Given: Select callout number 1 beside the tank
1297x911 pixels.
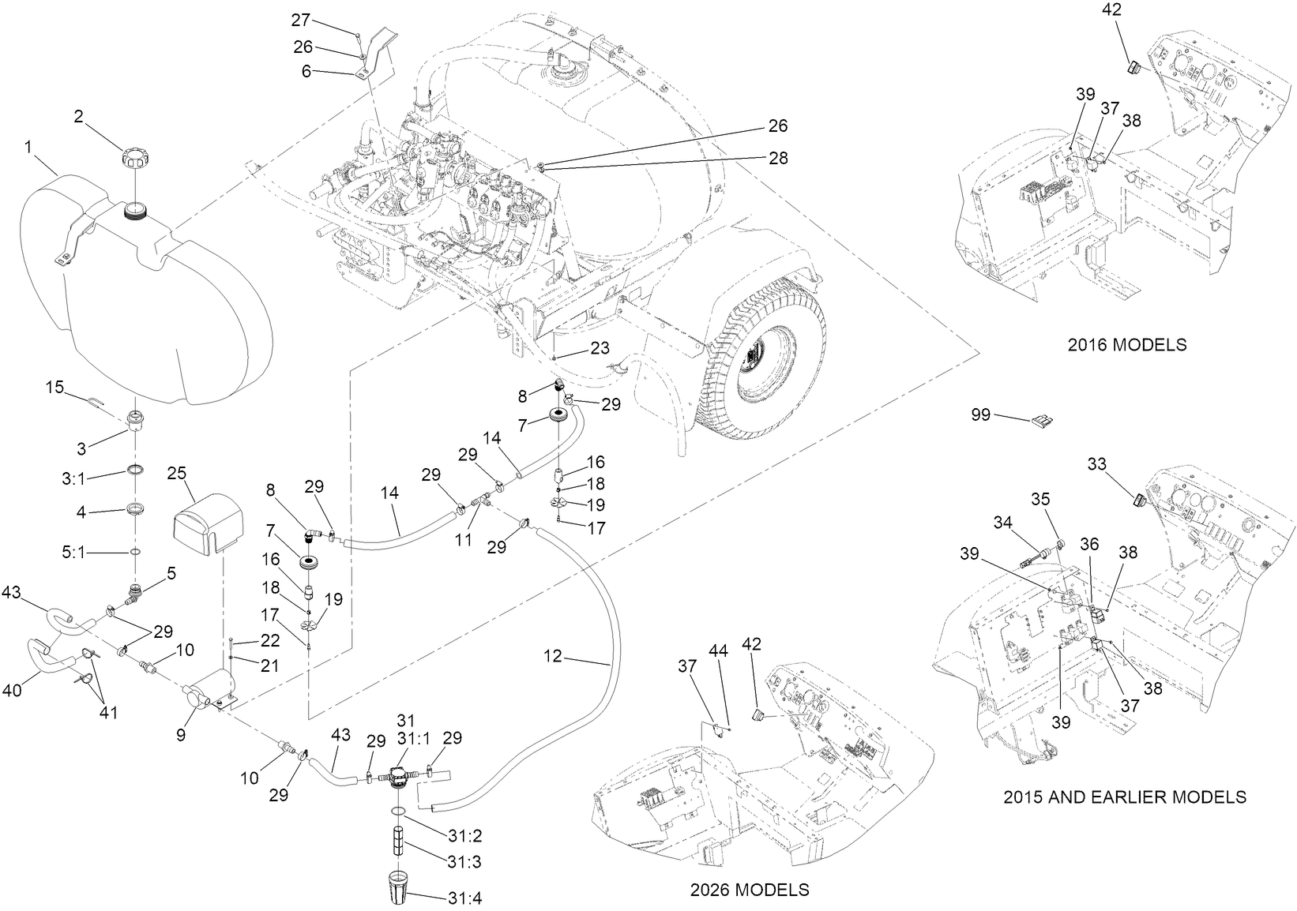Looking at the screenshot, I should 29,146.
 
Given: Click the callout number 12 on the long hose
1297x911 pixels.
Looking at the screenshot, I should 553,656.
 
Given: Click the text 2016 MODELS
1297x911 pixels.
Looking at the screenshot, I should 1126,345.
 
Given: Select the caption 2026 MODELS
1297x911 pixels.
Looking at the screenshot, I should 749,890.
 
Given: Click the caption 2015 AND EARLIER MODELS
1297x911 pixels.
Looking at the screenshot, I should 1124,797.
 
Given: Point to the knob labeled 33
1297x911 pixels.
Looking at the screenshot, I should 1139,499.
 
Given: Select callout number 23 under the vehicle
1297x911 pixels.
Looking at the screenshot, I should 600,348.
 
